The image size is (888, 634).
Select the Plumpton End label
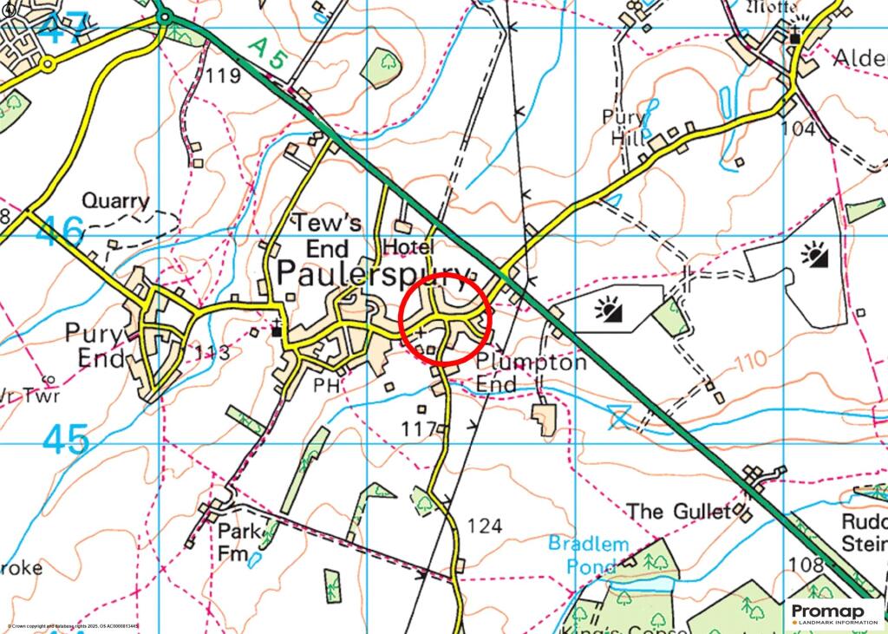(x=532, y=373)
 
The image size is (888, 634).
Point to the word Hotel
(x=408, y=247)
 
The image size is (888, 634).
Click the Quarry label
(x=115, y=201)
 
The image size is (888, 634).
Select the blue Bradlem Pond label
(x=587, y=555)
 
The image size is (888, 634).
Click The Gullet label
(x=679, y=512)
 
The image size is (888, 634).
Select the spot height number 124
(x=484, y=526)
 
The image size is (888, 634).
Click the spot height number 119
(x=223, y=76)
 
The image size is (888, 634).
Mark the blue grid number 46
(x=61, y=232)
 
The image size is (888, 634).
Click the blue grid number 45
(x=66, y=440)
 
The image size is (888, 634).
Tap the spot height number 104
(x=798, y=129)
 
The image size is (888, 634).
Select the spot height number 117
(x=417, y=429)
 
